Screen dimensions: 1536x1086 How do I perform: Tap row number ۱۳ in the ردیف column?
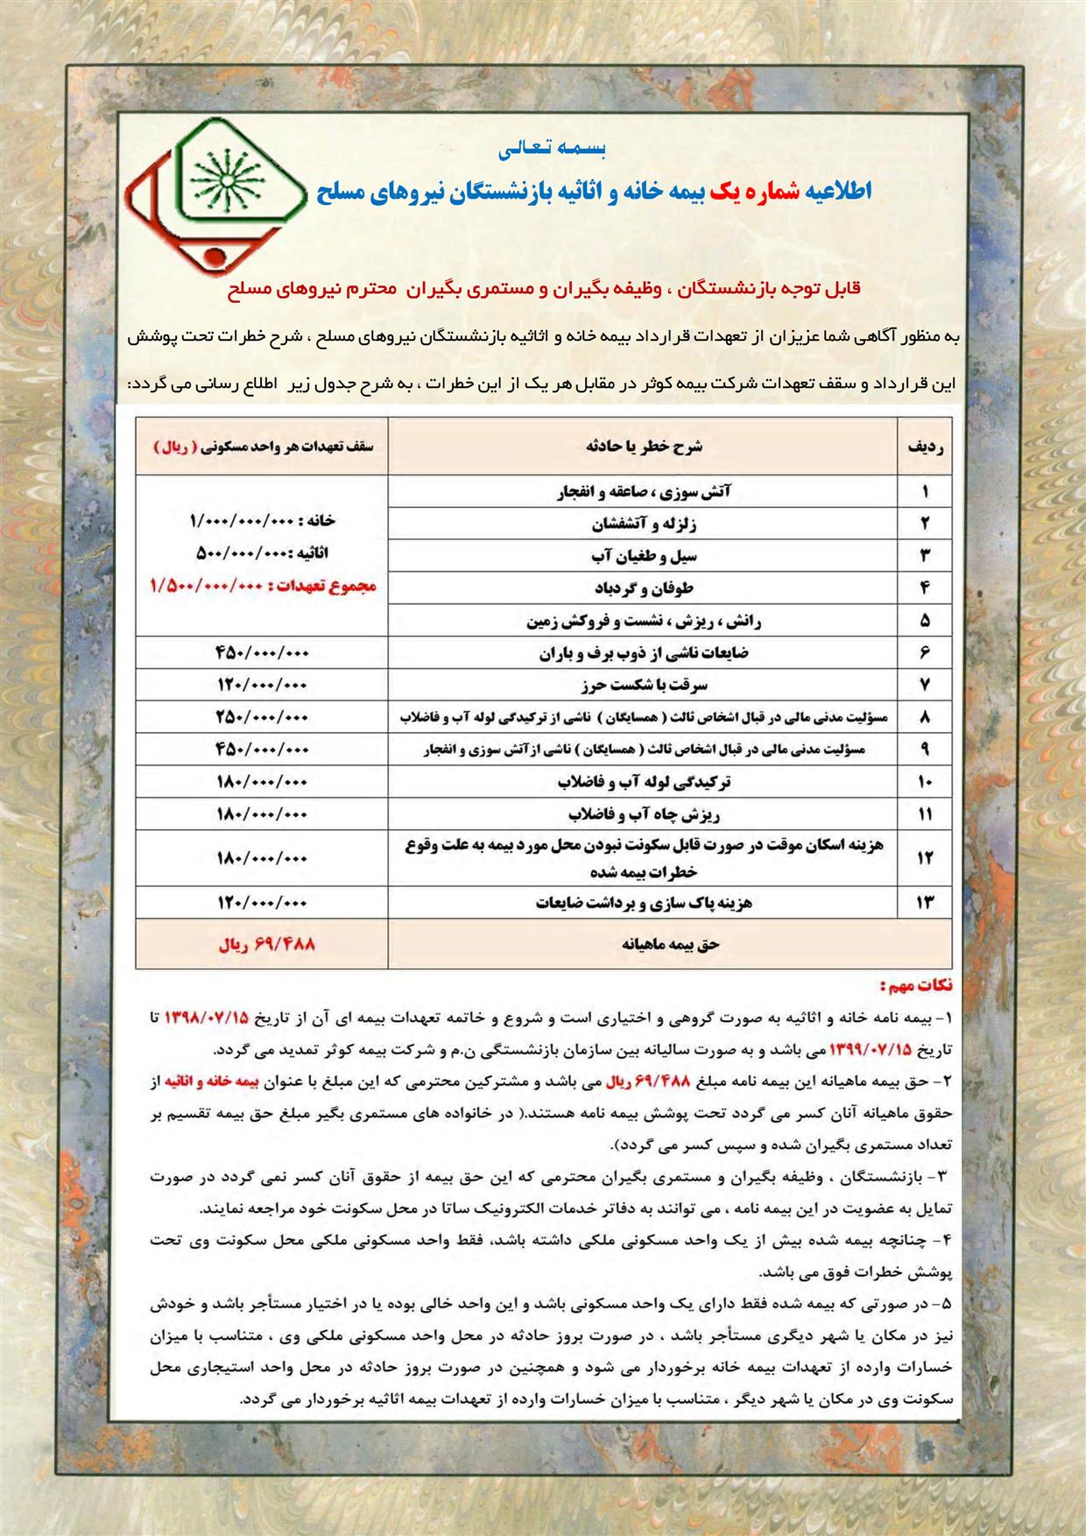(x=925, y=903)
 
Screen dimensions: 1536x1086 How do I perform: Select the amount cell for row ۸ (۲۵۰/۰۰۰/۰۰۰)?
(x=262, y=717)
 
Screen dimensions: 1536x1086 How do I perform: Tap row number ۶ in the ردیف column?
(x=925, y=652)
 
